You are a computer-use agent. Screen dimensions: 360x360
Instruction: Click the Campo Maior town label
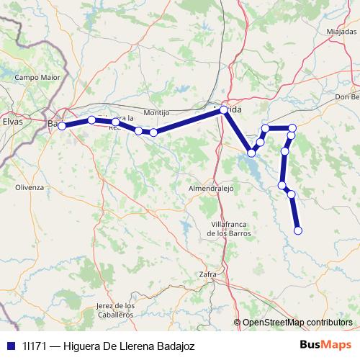point(35,77)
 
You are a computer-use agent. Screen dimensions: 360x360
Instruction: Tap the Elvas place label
point(13,122)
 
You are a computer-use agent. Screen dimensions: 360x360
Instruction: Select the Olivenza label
point(30,187)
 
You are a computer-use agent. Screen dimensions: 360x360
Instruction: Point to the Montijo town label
point(156,113)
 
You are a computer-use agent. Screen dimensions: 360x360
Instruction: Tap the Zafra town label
point(207,274)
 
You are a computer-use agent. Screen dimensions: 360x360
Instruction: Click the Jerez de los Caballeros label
point(115,310)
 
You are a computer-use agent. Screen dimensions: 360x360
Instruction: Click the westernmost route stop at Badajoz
point(62,126)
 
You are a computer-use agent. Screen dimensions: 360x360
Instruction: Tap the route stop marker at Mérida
point(224,109)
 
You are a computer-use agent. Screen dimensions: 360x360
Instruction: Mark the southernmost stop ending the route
point(298,230)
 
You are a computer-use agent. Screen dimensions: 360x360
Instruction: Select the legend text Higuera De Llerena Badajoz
point(129,346)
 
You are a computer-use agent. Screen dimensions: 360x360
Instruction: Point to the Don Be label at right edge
point(346,97)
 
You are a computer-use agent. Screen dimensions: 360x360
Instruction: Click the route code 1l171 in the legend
point(35,346)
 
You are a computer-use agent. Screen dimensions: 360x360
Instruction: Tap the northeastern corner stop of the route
point(292,128)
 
